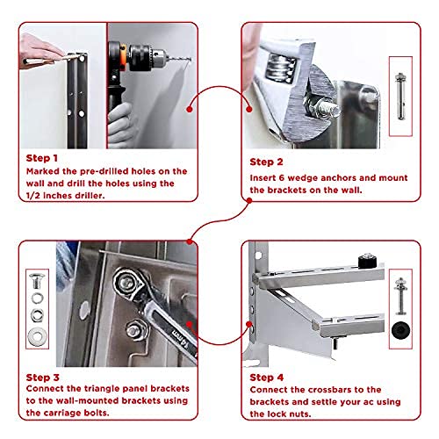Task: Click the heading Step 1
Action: click(x=41, y=158)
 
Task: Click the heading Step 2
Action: click(x=266, y=162)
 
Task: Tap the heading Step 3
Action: click(x=42, y=378)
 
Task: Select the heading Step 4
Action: click(x=267, y=378)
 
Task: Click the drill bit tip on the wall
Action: click(x=191, y=60)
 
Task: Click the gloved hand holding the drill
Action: click(x=121, y=125)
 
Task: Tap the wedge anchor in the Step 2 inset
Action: click(x=400, y=96)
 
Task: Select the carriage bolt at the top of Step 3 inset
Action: click(x=37, y=281)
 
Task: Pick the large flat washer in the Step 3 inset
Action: click(x=37, y=337)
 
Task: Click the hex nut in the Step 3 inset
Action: click(x=37, y=315)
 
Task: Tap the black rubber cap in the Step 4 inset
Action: click(x=400, y=330)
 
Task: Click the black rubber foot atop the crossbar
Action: click(x=368, y=261)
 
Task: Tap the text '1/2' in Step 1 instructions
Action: click(x=33, y=196)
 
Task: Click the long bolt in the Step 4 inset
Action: click(x=400, y=296)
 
